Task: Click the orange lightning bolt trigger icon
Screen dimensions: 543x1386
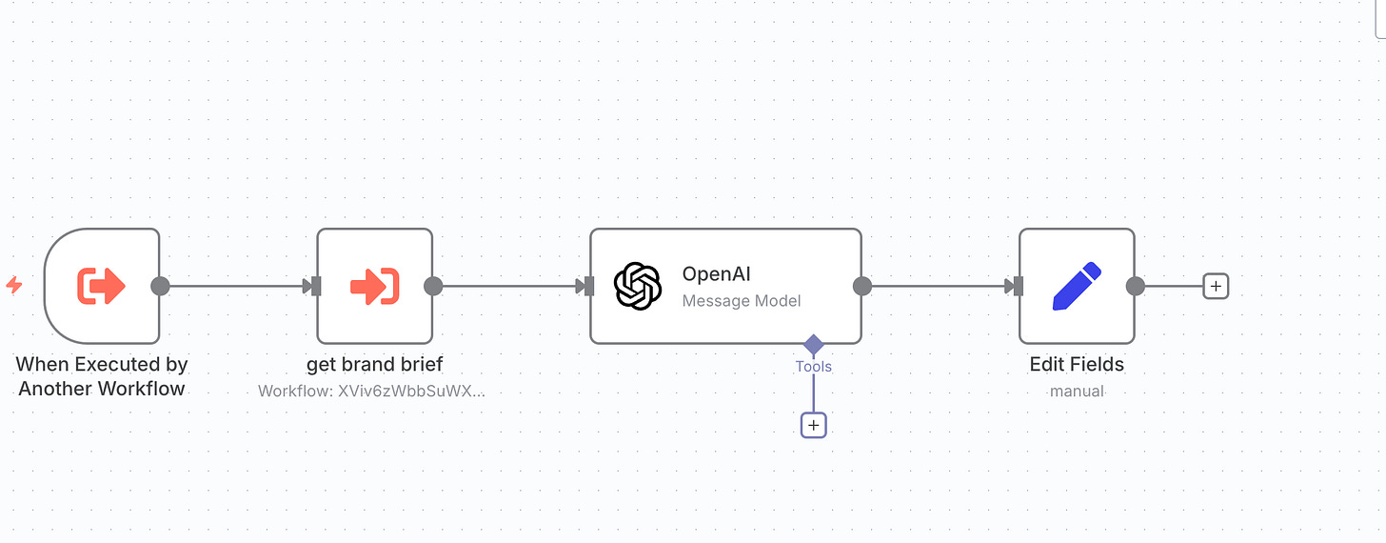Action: click(14, 285)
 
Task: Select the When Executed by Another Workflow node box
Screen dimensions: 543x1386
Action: click(101, 286)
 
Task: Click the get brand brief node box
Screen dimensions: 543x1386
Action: click(374, 286)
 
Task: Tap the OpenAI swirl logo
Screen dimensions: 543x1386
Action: click(637, 286)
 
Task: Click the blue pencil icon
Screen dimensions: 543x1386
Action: click(1076, 286)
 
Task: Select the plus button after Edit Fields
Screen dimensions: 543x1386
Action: click(1216, 286)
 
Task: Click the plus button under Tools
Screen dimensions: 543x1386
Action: click(813, 425)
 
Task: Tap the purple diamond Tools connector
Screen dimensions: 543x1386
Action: click(813, 344)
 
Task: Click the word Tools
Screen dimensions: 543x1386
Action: click(813, 367)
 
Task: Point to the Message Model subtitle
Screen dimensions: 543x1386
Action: click(742, 301)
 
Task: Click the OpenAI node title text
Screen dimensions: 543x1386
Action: click(716, 274)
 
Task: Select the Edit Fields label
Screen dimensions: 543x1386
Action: click(1077, 364)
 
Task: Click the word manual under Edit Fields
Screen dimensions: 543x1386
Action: click(1077, 391)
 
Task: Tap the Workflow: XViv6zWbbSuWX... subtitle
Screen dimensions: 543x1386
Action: click(371, 391)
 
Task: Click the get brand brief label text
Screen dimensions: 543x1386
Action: click(374, 364)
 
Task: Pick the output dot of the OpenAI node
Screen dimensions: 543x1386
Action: click(862, 286)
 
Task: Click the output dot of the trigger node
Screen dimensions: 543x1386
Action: click(160, 286)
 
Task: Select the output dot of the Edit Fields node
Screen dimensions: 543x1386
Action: click(1135, 286)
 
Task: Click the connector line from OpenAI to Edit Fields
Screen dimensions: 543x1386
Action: click(938, 286)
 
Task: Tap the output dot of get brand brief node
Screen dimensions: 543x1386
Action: click(433, 286)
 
